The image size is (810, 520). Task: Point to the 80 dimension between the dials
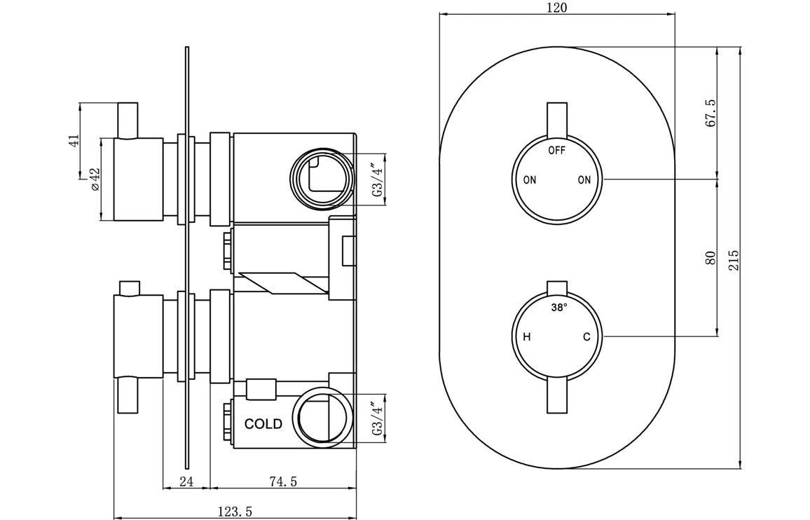710,257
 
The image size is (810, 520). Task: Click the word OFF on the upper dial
556,150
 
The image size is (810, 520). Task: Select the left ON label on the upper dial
529,180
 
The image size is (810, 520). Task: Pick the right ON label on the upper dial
584,180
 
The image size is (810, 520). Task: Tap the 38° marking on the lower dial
558,308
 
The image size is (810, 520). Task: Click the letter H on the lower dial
527,337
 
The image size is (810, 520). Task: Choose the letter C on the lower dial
586,337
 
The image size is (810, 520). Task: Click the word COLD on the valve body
263,424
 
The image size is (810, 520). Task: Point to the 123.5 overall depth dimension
234,512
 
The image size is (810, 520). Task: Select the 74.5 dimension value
283,481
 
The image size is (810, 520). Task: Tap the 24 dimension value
186,481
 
